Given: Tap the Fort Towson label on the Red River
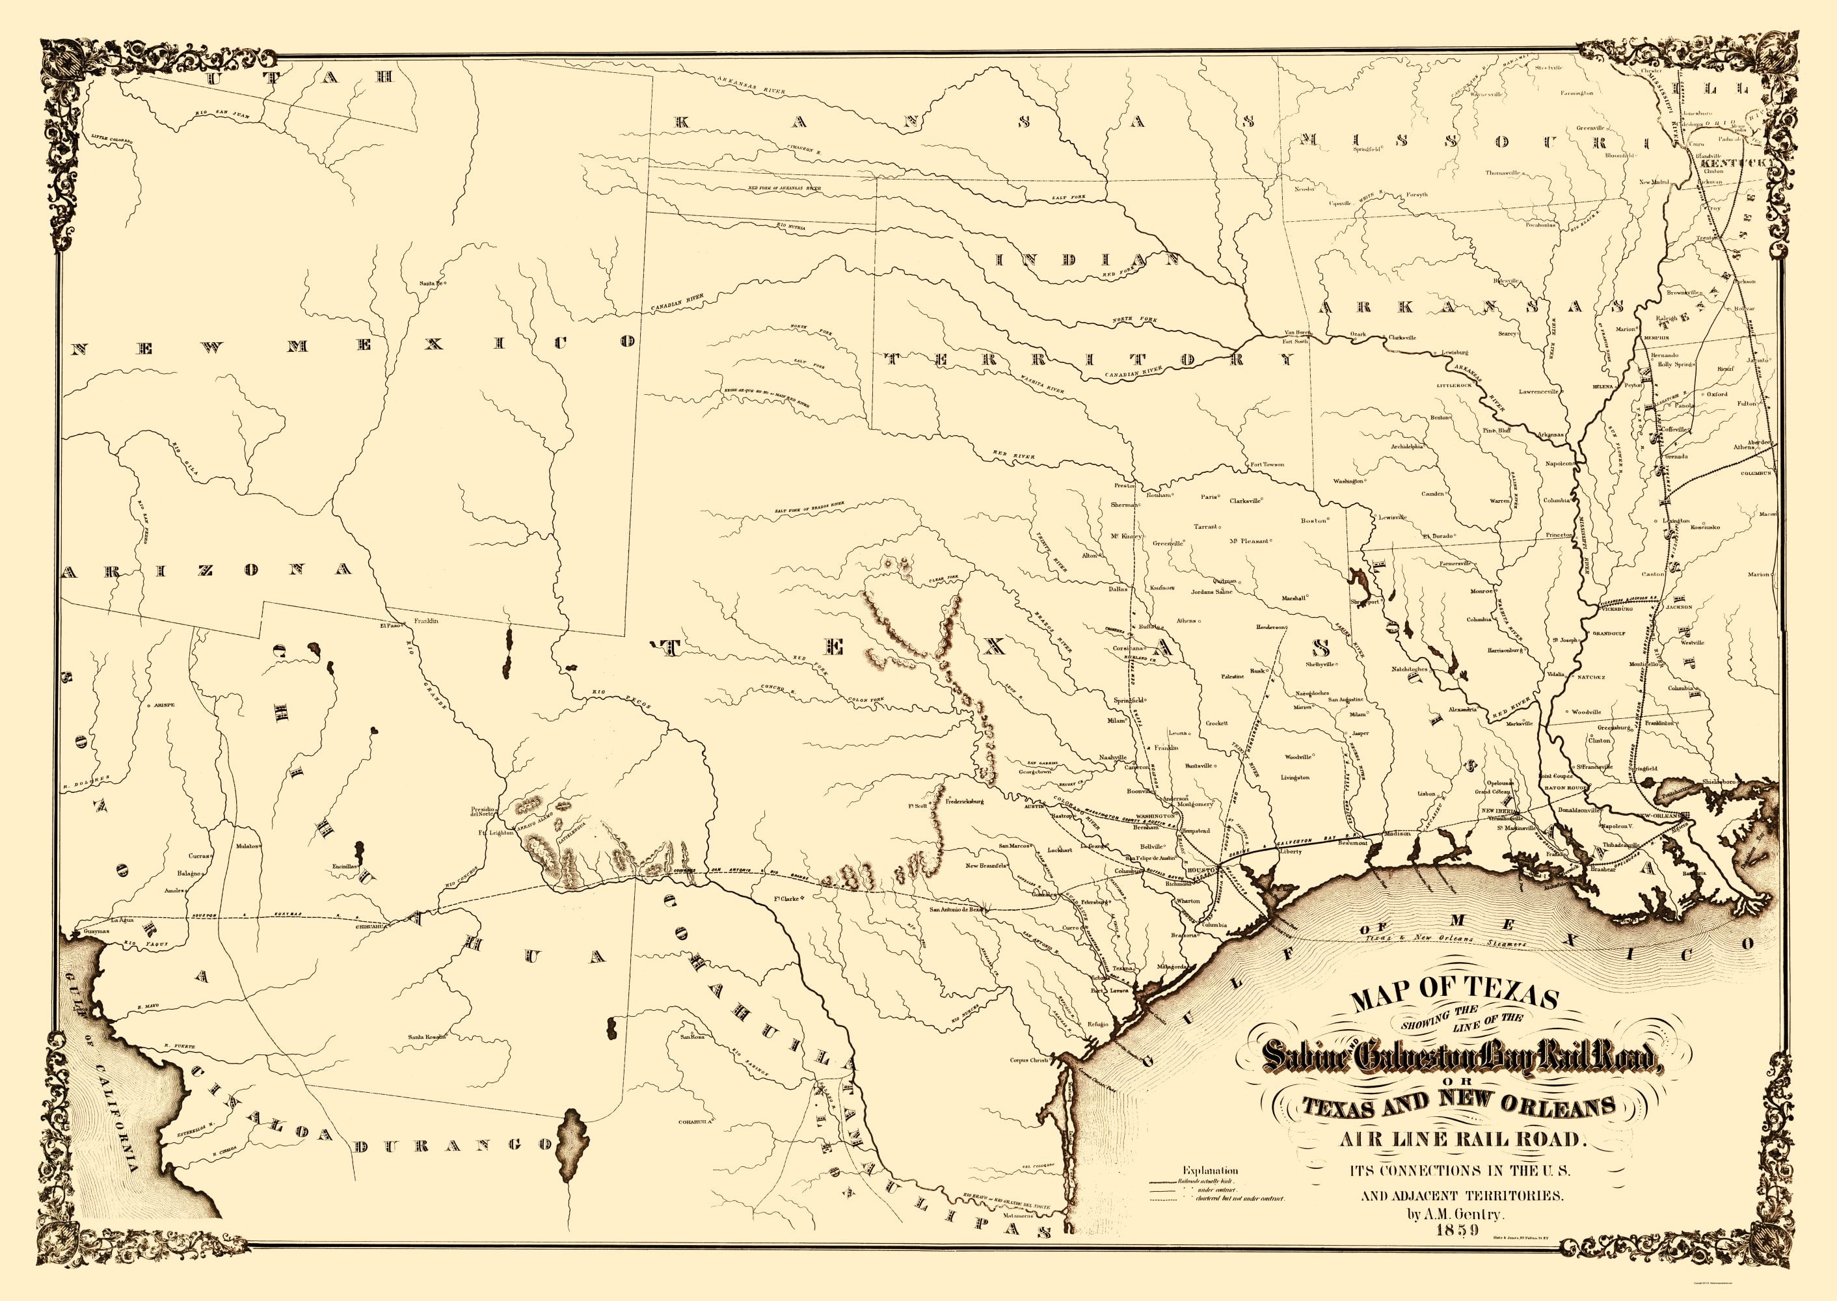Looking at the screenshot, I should click(1267, 464).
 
